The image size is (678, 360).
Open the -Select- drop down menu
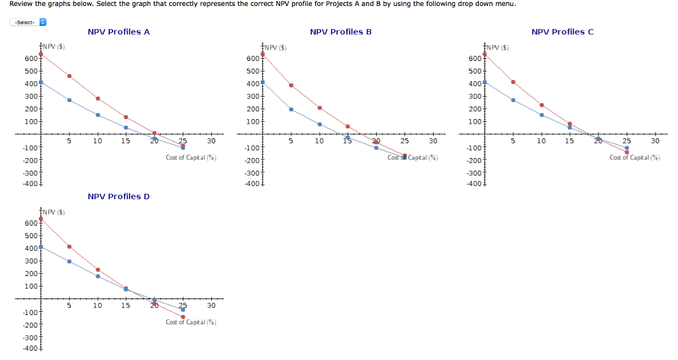tap(28, 22)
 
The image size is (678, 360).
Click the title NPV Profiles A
tap(119, 32)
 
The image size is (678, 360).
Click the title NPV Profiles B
tap(341, 32)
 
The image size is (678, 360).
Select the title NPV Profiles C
tap(563, 32)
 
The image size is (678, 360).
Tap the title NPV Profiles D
tap(119, 197)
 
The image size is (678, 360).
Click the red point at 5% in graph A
tap(70, 76)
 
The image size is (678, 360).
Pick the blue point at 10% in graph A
tap(98, 115)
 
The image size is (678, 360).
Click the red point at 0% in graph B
tap(263, 54)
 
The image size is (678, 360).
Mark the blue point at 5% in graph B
tap(291, 109)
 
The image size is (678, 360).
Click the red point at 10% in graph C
tap(542, 105)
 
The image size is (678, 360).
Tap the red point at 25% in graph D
tap(183, 317)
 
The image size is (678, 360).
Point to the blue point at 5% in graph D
tap(70, 261)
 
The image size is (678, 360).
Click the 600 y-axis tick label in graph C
tap(474, 59)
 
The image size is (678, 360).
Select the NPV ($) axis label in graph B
tap(273, 48)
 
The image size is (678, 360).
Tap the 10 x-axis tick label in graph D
tap(97, 306)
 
